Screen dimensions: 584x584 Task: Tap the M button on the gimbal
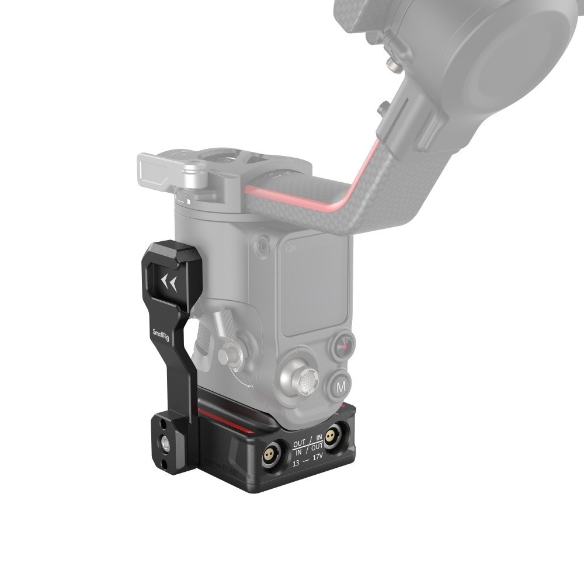(x=341, y=386)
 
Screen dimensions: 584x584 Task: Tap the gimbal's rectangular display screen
(x=316, y=292)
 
